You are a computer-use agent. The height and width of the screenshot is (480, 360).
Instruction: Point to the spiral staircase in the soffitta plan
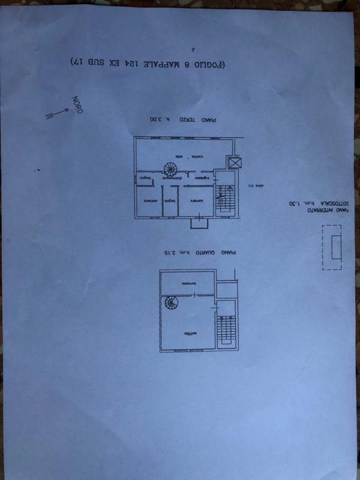(170, 304)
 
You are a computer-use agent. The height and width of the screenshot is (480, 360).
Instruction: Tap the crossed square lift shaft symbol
(235, 163)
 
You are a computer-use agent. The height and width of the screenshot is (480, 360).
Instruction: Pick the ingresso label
(202, 178)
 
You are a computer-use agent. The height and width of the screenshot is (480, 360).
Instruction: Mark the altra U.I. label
(255, 187)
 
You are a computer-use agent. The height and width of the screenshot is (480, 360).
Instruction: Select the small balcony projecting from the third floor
(199, 223)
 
